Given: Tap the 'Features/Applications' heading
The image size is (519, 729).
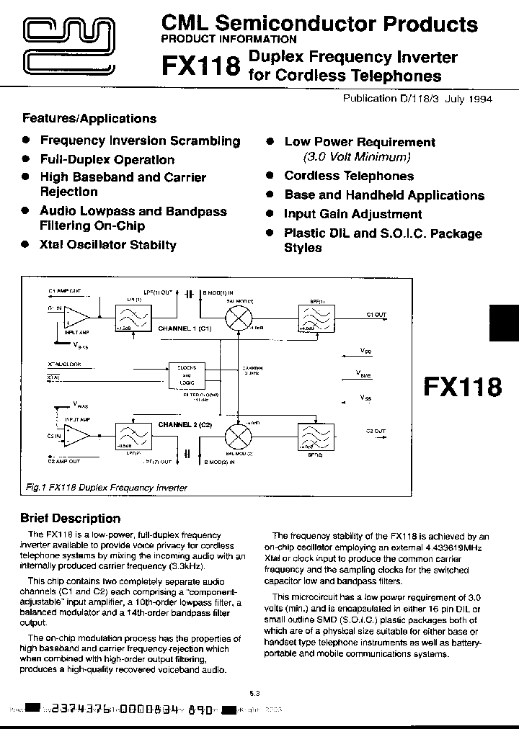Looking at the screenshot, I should coord(89,119).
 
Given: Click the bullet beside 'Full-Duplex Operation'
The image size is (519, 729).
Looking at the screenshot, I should coord(25,159).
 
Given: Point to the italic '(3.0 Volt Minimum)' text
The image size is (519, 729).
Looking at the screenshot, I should coord(357,156).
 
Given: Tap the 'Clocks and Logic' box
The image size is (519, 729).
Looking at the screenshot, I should coord(187,375).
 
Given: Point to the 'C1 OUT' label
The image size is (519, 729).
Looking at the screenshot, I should coord(376,315).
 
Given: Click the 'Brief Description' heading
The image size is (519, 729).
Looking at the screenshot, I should coord(70,519).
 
